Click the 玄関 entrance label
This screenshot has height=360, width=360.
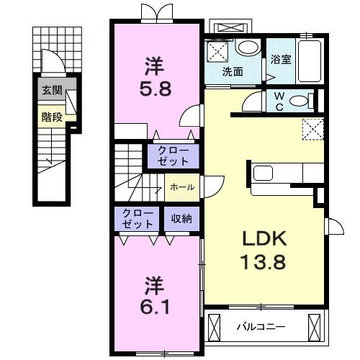[52, 91]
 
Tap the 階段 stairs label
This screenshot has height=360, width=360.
[52, 117]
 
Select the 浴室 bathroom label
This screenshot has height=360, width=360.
[281, 59]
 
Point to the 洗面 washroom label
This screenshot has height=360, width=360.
[233, 72]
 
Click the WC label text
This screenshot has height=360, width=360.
[279, 102]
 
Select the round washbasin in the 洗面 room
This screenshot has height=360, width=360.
[248, 48]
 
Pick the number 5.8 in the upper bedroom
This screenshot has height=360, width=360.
[156, 89]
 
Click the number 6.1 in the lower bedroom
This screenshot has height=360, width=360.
[155, 307]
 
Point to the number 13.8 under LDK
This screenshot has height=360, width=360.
[264, 261]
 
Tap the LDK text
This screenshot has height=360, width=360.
[264, 238]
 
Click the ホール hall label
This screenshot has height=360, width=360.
[182, 187]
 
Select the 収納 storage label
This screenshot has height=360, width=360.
[181, 219]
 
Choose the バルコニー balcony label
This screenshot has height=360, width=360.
[261, 327]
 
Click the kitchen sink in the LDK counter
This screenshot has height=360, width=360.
[264, 173]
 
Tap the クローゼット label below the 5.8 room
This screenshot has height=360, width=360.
[173, 156]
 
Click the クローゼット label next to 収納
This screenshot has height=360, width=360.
[138, 219]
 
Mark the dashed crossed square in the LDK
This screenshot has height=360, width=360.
[313, 130]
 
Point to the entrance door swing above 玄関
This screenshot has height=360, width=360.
[53, 60]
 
